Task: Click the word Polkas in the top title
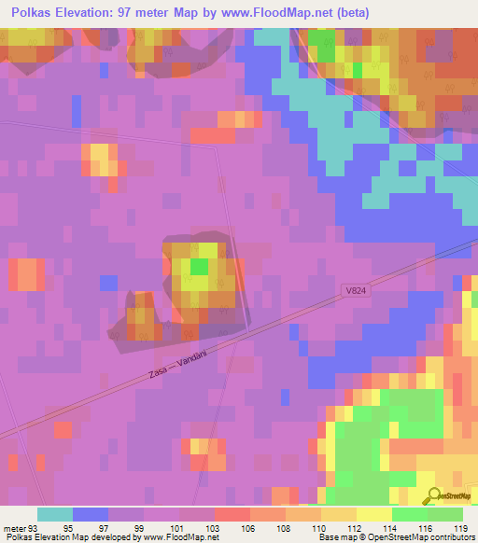pos(28,13)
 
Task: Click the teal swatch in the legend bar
pos(55,514)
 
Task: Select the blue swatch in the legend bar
pos(91,514)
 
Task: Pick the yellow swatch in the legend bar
pos(373,514)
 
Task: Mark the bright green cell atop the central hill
pos(199,266)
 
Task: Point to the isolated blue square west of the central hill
pos(109,282)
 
